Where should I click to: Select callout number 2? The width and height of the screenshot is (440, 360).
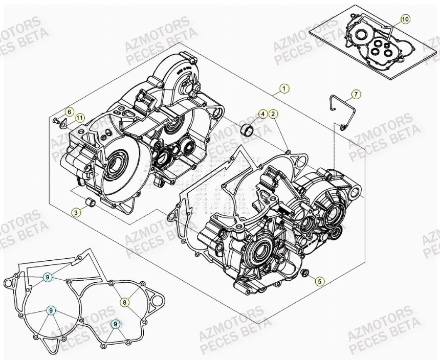point(273,114)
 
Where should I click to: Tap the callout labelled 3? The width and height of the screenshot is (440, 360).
point(76,212)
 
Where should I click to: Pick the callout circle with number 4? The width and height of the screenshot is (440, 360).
point(262,114)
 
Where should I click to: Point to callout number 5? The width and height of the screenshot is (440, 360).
point(319,280)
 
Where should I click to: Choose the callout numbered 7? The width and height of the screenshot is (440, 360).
point(356,94)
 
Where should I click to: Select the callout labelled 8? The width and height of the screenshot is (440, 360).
point(124,302)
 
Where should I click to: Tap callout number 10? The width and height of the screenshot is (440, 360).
point(405,19)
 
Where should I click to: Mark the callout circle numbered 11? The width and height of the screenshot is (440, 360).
point(79,118)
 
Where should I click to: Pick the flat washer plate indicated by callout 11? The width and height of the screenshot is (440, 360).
point(62,123)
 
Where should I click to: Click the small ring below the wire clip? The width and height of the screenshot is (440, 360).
point(342,126)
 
